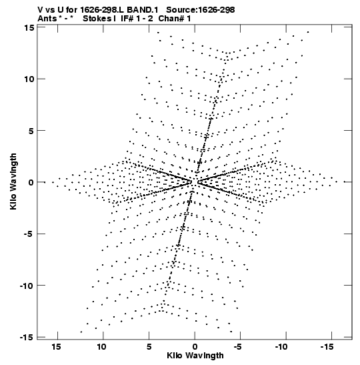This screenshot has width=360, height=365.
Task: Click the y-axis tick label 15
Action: (x=29, y=28)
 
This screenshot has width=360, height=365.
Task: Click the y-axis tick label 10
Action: (x=29, y=79)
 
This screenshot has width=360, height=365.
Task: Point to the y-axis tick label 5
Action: (x=31, y=131)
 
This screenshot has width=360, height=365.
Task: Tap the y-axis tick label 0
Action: (x=31, y=183)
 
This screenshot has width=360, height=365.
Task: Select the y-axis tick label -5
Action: (x=29, y=234)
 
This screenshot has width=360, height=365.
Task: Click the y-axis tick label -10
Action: (x=27, y=286)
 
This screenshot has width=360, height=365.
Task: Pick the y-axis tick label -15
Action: (x=27, y=337)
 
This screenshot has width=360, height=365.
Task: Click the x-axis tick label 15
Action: (x=56, y=347)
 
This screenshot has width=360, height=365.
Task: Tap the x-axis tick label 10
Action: (x=101, y=347)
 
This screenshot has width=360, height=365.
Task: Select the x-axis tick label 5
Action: (x=149, y=347)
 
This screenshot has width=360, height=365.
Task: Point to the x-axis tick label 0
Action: (x=195, y=347)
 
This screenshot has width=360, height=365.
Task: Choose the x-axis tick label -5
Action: (x=238, y=347)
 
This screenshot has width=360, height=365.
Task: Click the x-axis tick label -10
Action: (x=281, y=347)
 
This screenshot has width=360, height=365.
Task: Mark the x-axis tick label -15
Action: (x=327, y=347)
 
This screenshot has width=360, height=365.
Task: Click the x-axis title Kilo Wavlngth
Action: (x=195, y=356)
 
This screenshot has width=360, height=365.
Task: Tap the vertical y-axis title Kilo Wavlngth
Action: (x=13, y=181)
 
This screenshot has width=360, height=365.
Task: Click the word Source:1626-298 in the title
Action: (x=201, y=10)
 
